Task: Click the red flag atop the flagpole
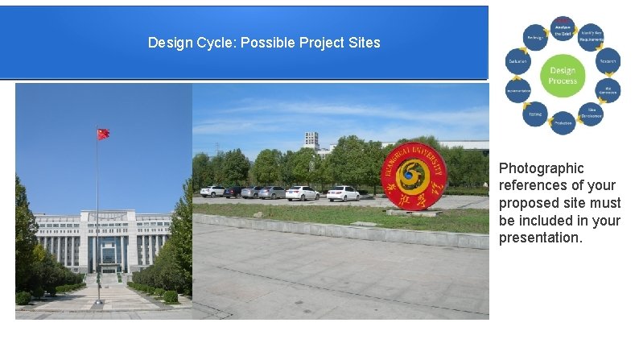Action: (103, 134)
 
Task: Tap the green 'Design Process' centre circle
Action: (563, 76)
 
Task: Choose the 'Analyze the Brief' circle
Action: (563, 30)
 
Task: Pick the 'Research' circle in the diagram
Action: (608, 60)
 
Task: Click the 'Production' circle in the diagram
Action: (563, 122)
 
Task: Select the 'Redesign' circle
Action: (534, 37)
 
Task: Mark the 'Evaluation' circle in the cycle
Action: (517, 61)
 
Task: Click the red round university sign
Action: (414, 176)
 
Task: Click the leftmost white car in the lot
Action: (212, 191)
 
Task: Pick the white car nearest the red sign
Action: (343, 193)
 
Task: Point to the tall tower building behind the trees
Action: (311, 140)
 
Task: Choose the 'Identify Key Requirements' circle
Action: (592, 37)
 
